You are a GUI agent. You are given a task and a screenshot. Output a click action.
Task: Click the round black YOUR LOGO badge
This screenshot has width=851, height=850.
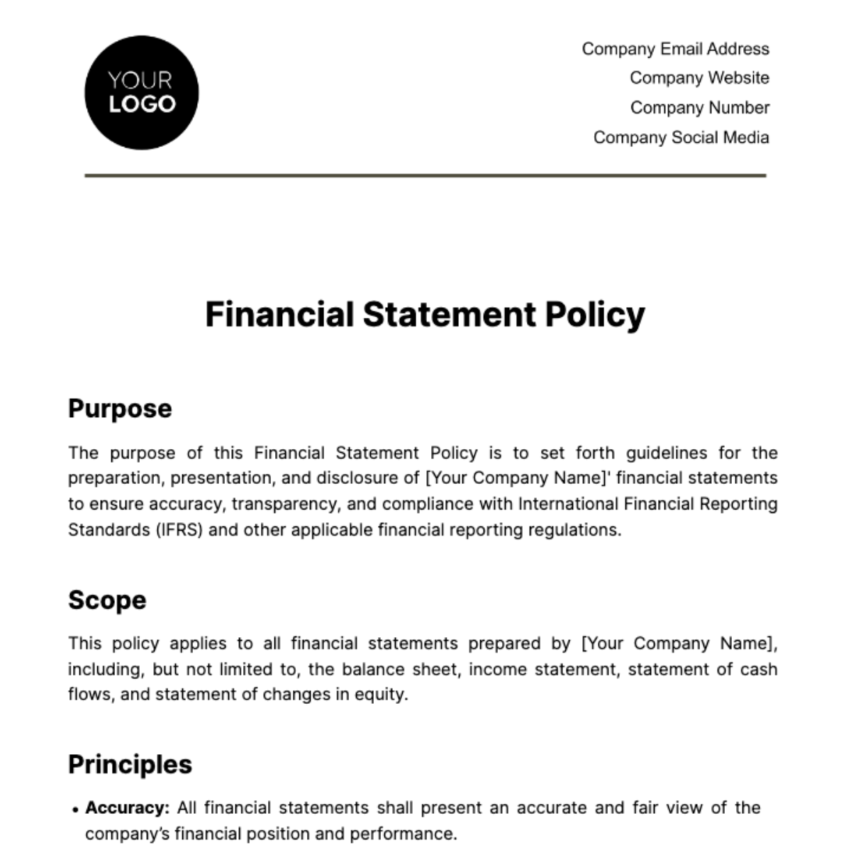(141, 93)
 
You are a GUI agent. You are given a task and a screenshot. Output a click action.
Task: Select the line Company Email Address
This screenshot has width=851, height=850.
(675, 49)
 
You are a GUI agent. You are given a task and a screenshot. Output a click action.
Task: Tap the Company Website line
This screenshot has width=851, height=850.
(699, 78)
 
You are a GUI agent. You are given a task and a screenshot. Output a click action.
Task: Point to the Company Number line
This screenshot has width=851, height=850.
(699, 108)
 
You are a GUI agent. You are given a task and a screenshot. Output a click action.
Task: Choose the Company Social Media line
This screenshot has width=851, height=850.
(681, 138)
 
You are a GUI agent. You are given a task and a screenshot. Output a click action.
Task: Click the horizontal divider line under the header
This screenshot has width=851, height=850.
(425, 175)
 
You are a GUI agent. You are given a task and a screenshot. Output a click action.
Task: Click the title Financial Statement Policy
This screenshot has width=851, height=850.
(425, 314)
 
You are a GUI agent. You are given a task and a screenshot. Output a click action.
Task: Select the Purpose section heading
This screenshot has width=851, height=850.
(120, 409)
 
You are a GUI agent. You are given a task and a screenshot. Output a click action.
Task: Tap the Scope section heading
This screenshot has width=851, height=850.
(107, 600)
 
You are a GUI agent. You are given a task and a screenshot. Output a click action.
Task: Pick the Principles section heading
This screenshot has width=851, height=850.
(130, 764)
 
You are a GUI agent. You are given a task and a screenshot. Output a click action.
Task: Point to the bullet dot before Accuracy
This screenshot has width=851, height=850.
(75, 810)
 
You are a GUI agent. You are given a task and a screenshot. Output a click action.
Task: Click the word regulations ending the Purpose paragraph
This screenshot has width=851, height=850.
(576, 530)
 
